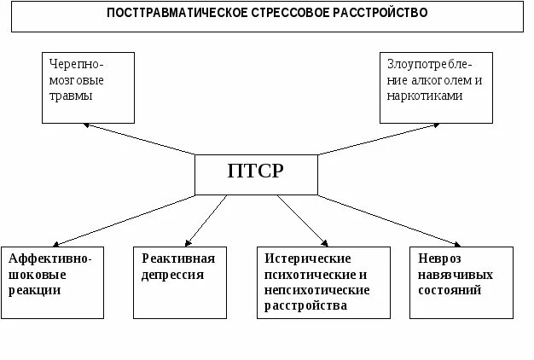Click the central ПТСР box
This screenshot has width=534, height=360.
pyautogui.click(x=256, y=174)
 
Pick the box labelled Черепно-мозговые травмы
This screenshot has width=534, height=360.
pyautogui.click(x=88, y=86)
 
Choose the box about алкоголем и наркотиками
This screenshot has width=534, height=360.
pyautogui.click(x=435, y=87)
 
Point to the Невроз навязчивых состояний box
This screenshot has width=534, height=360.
pyautogui.click(x=461, y=282)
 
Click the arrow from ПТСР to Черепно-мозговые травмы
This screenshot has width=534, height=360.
pyautogui.click(x=141, y=140)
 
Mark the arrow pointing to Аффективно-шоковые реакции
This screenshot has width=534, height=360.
pyautogui.click(x=128, y=220)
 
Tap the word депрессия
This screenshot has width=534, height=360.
pyautogui.click(x=173, y=275)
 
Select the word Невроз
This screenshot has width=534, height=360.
pyautogui.click(x=439, y=258)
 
